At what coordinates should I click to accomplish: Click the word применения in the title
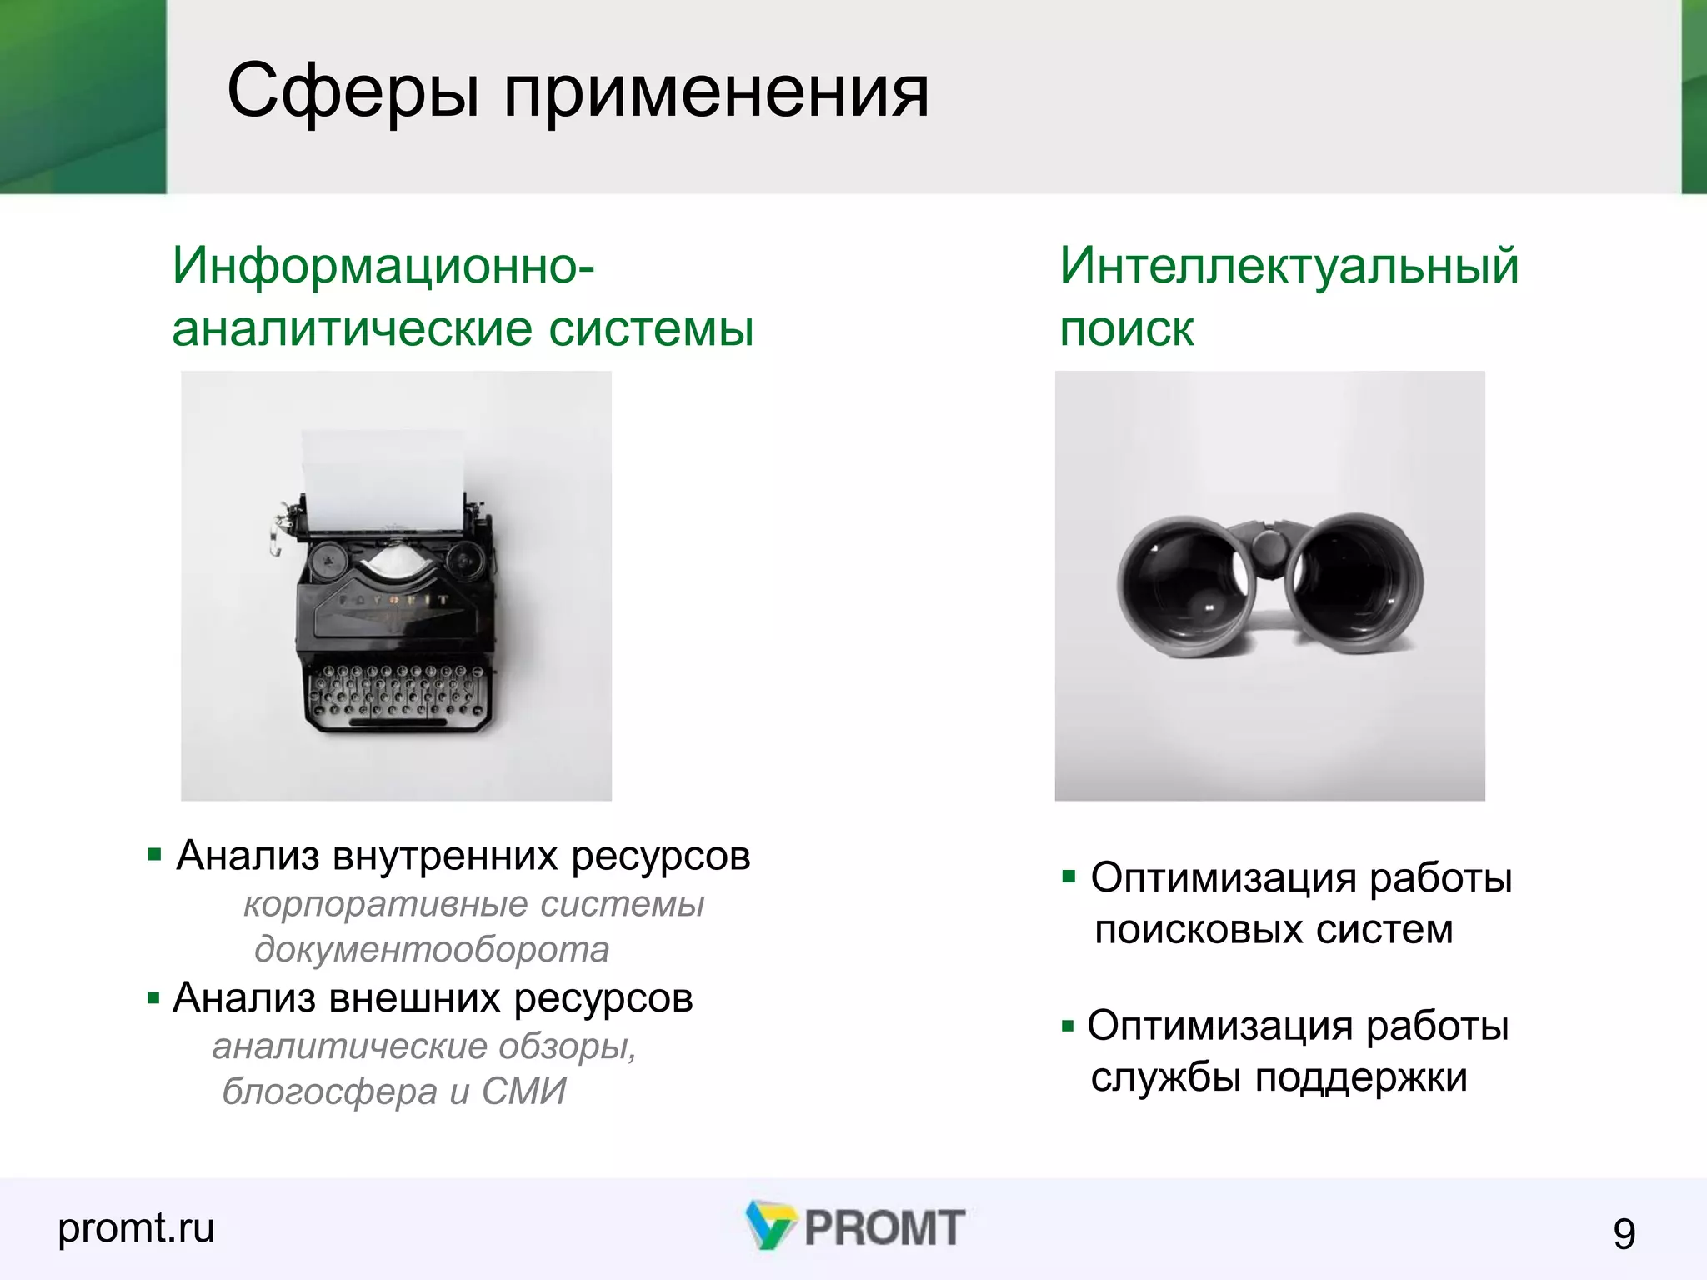point(716,93)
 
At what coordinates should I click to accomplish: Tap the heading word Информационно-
point(383,267)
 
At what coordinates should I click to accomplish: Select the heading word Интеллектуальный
point(1289,267)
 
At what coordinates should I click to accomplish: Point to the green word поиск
point(1126,330)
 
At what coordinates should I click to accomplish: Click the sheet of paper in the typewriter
point(383,479)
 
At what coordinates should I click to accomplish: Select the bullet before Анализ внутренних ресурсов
point(154,855)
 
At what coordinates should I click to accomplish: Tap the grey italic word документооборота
point(432,950)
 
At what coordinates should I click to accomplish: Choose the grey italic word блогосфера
point(329,1092)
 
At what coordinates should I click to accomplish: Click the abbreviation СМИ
point(523,1092)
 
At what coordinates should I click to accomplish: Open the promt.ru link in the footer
point(136,1228)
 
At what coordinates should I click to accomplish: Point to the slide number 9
point(1624,1233)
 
